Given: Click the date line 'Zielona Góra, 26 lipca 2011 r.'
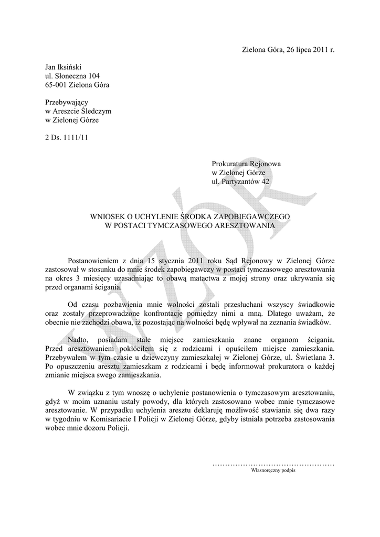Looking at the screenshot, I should [288, 50].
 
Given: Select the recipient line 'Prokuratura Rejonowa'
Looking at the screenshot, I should [246, 164].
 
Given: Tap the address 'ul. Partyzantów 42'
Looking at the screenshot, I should [242, 181].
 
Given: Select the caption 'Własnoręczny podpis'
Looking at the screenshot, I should [273, 471].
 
